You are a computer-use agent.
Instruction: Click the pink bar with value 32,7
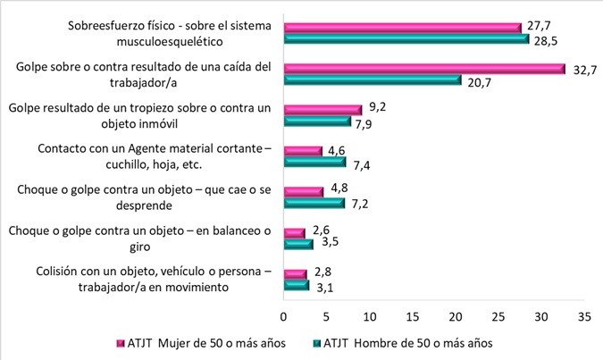pos(423,69)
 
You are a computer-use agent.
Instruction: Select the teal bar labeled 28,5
pos(406,39)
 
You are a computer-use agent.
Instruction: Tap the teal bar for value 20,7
pos(372,80)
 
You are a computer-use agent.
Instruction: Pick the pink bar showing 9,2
pos(322,110)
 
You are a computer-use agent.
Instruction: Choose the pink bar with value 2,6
pos(294,233)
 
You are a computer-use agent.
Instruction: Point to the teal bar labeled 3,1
pos(296,286)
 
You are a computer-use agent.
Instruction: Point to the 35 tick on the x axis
pos(585,316)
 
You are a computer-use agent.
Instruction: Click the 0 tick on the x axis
pos(283,316)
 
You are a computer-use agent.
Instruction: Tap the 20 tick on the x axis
pos(456,316)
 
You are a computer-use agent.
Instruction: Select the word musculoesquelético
pos(205,40)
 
